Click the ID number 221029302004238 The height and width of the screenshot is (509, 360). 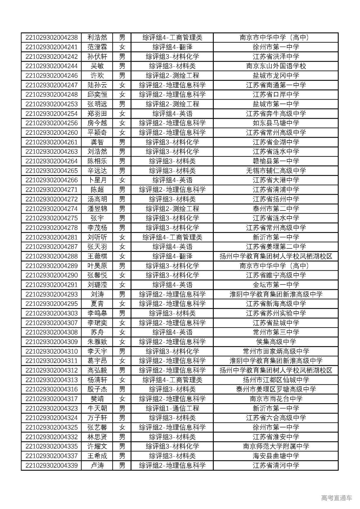pyautogui.click(x=51, y=37)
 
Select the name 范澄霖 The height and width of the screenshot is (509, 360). pyautogui.click(x=97, y=47)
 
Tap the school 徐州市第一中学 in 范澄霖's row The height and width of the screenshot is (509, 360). pyautogui.click(x=276, y=47)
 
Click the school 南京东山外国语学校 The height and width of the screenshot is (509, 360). pyautogui.click(x=276, y=66)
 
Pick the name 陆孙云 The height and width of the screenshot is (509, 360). pyautogui.click(x=97, y=85)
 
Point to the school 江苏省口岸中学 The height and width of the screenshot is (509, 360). pyautogui.click(x=276, y=95)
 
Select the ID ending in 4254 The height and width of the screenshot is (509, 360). pyautogui.click(x=51, y=114)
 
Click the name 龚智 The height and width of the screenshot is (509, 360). pyautogui.click(x=97, y=142)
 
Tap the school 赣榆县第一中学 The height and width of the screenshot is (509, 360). pyautogui.click(x=276, y=161)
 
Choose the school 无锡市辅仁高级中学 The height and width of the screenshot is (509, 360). pyautogui.click(x=276, y=171)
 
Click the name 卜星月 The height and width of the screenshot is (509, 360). pyautogui.click(x=97, y=180)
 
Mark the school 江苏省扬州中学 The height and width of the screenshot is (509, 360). pyautogui.click(x=276, y=199)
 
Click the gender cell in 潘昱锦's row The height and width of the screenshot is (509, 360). pyautogui.click(x=122, y=209)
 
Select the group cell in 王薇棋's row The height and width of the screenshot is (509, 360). pyautogui.click(x=172, y=256)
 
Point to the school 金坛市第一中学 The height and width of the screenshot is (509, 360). pyautogui.click(x=276, y=285)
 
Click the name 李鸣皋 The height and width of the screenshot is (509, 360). pyautogui.click(x=97, y=313)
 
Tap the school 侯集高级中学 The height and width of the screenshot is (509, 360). pyautogui.click(x=276, y=342)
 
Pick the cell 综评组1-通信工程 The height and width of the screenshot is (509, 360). pyautogui.click(x=172, y=408)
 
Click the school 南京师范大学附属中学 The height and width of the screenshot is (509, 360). pyautogui.click(x=276, y=446)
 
